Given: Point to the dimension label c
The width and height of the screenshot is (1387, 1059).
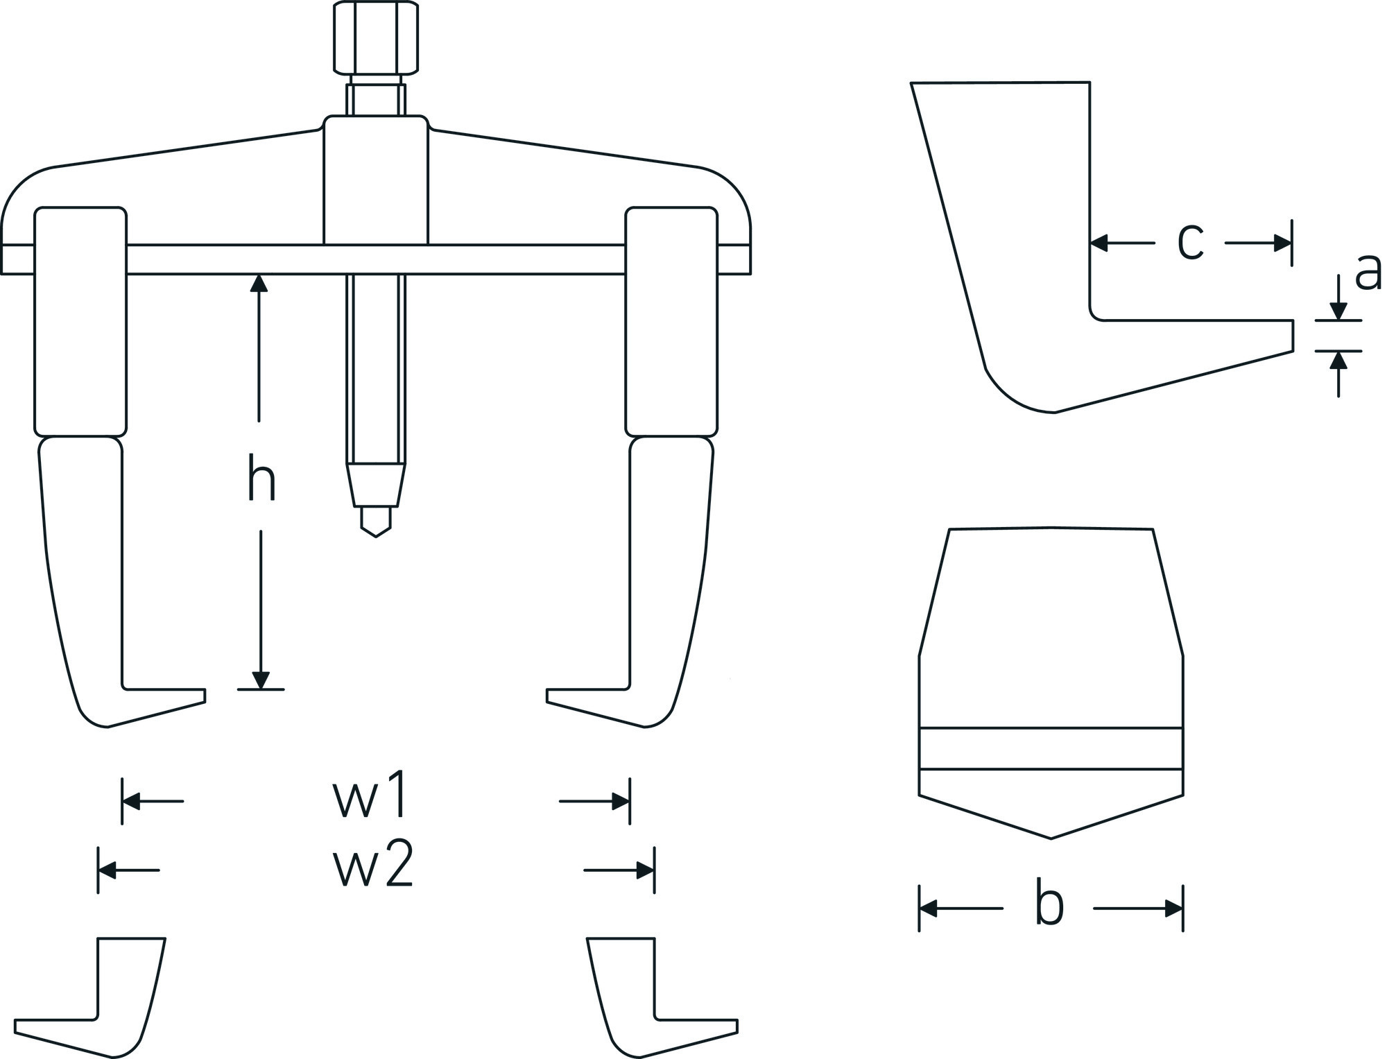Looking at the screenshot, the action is pyautogui.click(x=1190, y=242).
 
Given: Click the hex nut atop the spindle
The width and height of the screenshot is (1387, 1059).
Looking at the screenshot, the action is pyautogui.click(x=376, y=38).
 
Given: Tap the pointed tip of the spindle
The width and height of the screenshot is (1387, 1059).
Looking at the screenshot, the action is pyautogui.click(x=376, y=536).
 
